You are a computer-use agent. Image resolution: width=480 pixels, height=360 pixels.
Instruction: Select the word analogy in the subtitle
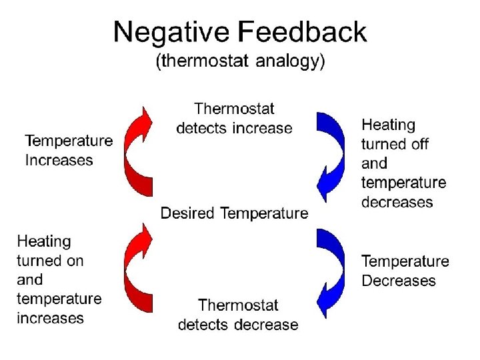pos(284,62)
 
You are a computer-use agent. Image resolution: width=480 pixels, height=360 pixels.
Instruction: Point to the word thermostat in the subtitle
pos(198,62)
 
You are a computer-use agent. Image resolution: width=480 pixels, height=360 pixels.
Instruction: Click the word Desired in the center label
pos(187,213)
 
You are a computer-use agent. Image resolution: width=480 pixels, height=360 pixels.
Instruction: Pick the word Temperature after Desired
pos(264,213)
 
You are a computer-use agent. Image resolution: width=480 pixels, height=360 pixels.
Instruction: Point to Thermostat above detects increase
pos(234,108)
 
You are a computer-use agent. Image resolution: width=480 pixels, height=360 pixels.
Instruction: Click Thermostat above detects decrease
pos(238,305)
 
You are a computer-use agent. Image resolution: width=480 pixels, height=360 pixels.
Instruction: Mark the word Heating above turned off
pos(388,125)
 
